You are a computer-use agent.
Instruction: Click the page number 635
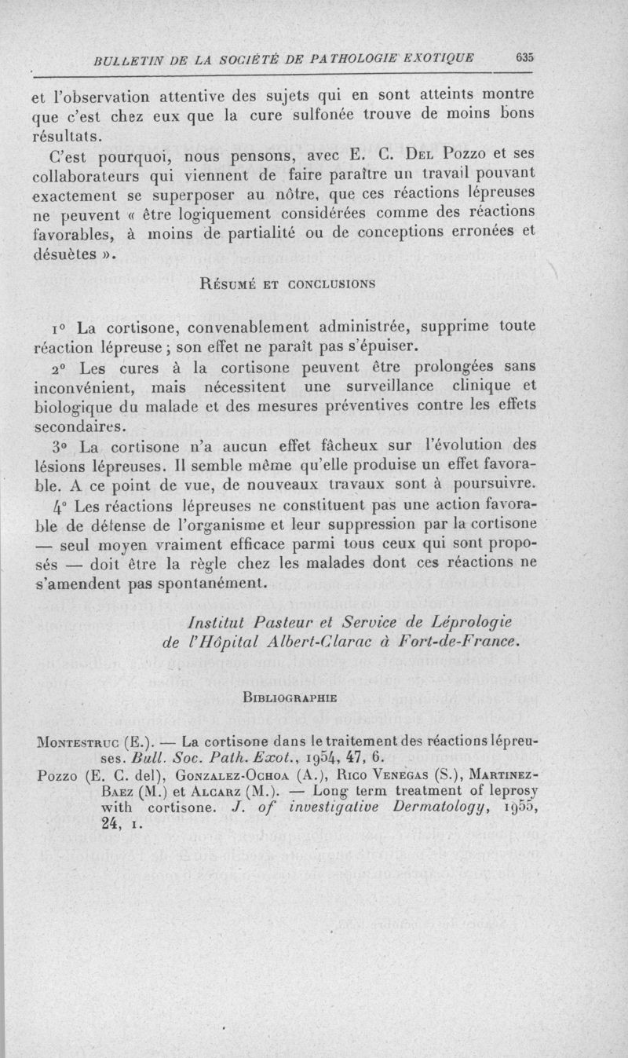coord(525,57)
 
